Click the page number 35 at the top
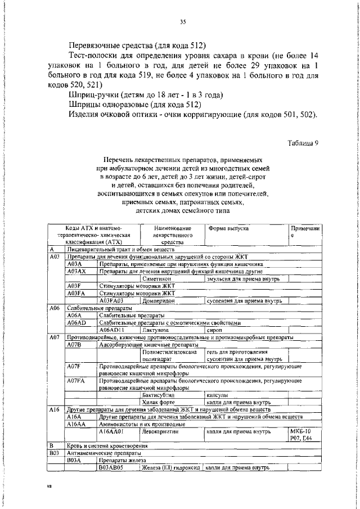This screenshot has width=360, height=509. (x=183, y=22)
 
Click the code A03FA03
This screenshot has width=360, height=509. (x=112, y=301)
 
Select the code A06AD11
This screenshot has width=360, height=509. (x=112, y=330)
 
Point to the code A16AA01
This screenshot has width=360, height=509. (x=112, y=432)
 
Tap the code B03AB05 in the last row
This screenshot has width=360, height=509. (x=112, y=467)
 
